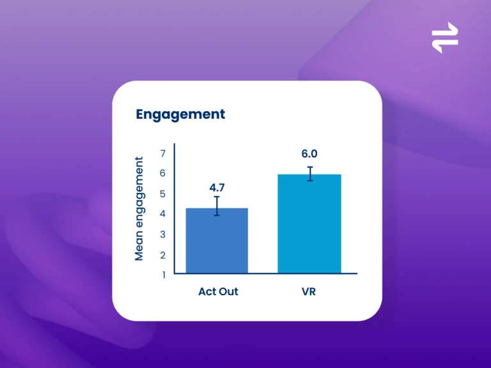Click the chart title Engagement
pyautogui.click(x=180, y=114)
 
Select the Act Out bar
pyautogui.click(x=217, y=241)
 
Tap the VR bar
pyautogui.click(x=309, y=224)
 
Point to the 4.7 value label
pyautogui.click(x=217, y=187)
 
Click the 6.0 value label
pyautogui.click(x=309, y=153)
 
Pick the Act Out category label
pyautogui.click(x=218, y=291)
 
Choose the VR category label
pyautogui.click(x=309, y=291)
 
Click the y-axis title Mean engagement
pyautogui.click(x=139, y=209)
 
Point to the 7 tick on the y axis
pyautogui.click(x=163, y=153)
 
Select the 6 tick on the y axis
pyautogui.click(x=162, y=173)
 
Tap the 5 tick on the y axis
pyautogui.click(x=162, y=194)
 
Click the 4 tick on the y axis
pyautogui.click(x=162, y=214)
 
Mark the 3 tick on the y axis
pyautogui.click(x=162, y=234)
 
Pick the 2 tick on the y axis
pyautogui.click(x=162, y=256)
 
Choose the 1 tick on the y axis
pyautogui.click(x=164, y=275)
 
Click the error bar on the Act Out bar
pyautogui.click(x=217, y=206)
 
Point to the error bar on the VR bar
pyautogui.click(x=310, y=174)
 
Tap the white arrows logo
pyautogui.click(x=445, y=38)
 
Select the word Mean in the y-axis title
pyautogui.click(x=139, y=247)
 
